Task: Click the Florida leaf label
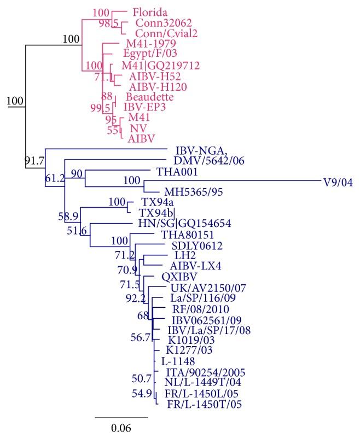150,11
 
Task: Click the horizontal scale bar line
121,417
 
